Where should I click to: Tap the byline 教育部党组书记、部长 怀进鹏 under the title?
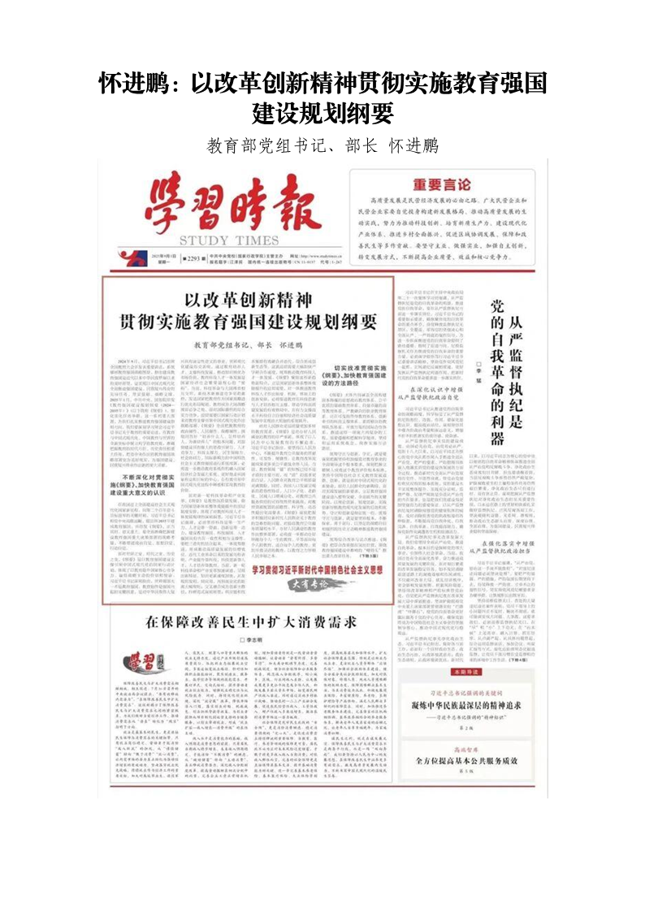point(322,146)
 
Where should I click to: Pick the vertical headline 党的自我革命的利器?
point(498,370)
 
